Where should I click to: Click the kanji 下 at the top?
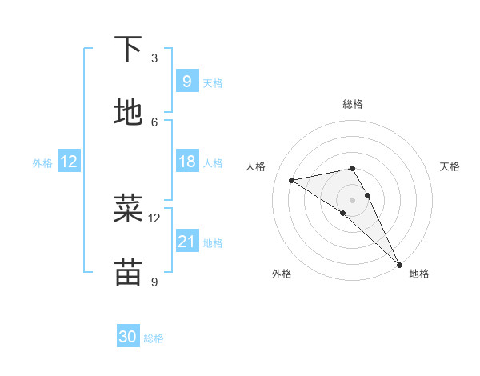click(128, 50)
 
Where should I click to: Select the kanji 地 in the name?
click(128, 113)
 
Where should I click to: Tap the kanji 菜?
click(128, 209)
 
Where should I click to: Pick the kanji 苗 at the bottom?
click(128, 272)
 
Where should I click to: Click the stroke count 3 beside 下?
click(154, 58)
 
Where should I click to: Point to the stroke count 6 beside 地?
click(154, 122)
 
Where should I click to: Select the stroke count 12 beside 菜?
click(154, 218)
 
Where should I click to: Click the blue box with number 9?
click(186, 81)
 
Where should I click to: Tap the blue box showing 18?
click(186, 162)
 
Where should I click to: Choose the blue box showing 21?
click(186, 241)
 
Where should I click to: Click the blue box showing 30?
click(128, 337)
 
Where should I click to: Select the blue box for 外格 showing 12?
click(69, 162)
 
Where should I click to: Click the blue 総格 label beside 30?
click(154, 338)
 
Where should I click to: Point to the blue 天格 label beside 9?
click(213, 82)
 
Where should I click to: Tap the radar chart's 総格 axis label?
click(353, 104)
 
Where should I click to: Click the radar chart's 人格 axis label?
click(256, 166)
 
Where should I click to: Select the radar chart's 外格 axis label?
click(282, 274)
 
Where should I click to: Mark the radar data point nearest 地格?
click(399, 264)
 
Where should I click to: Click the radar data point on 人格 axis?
click(292, 180)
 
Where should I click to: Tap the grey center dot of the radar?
click(353, 199)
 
